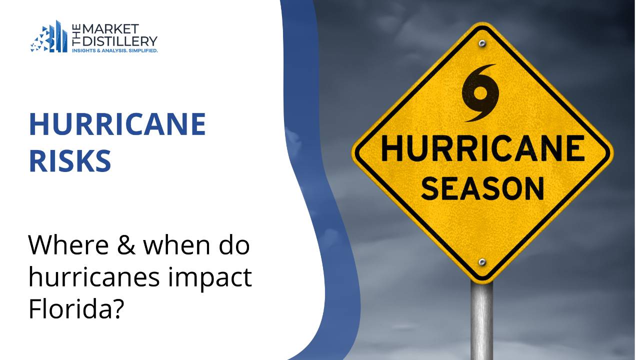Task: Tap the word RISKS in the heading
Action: [x=70, y=161]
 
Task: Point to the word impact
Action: [x=210, y=278]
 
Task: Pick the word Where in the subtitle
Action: [x=62, y=245]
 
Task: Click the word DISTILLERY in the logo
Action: [x=123, y=40]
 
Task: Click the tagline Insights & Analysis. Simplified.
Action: [x=115, y=50]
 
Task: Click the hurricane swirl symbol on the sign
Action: [x=480, y=92]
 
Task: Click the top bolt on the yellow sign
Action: [x=482, y=43]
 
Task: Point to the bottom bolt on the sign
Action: [x=482, y=262]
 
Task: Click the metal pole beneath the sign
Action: [x=482, y=320]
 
